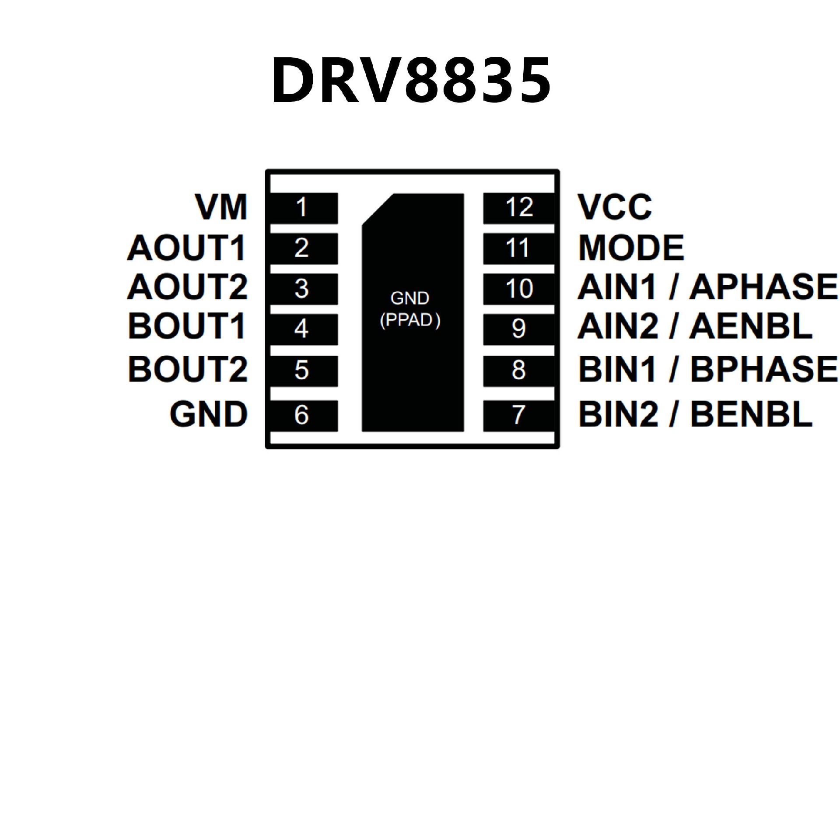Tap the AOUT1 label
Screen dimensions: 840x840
coord(187,248)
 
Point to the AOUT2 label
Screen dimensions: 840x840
coord(188,287)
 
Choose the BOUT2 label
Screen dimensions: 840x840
coord(188,369)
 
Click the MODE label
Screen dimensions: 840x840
coord(631,248)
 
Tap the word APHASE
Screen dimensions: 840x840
coord(763,287)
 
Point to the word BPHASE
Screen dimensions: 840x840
coord(764,369)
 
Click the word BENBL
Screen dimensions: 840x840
coord(751,414)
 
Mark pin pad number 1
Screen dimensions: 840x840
coord(302,208)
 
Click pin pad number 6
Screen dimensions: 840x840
coord(302,415)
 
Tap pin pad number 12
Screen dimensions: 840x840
coord(519,208)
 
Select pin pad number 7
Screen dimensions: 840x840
coord(519,415)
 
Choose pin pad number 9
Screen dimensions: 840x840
coord(519,329)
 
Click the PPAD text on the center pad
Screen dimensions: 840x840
coord(410,320)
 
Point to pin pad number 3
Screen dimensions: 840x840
coord(302,289)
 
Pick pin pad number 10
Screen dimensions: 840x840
coord(519,289)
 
